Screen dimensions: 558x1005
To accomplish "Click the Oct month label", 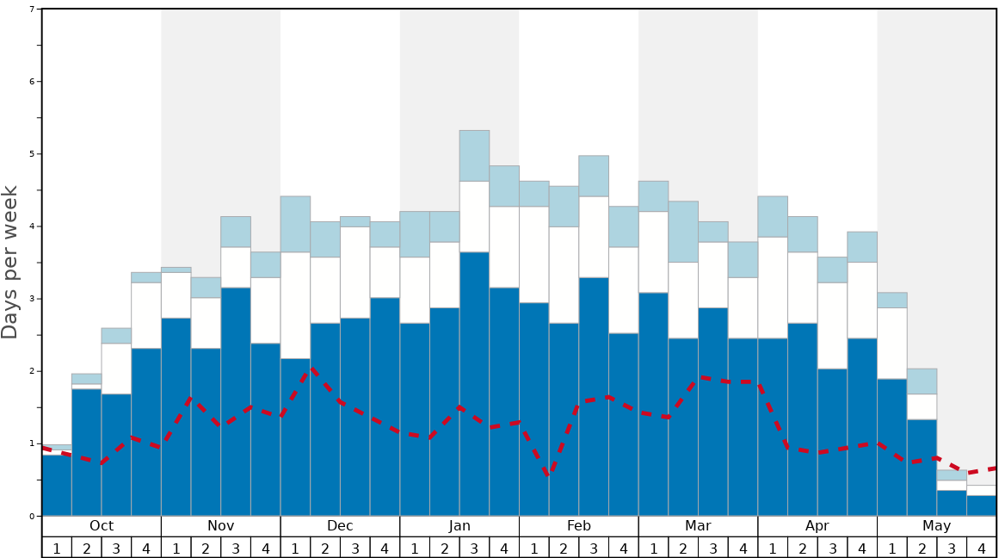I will pyautogui.click(x=102, y=526).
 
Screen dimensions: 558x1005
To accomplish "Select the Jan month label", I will pyautogui.click(x=459, y=526).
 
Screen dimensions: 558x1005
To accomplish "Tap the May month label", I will pyautogui.click(x=936, y=526).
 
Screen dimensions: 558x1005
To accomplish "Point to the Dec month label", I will pyautogui.click(x=340, y=526).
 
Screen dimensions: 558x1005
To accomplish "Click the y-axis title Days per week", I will pyautogui.click(x=10, y=263).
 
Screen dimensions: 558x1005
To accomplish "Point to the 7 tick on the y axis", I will pyautogui.click(x=32, y=9).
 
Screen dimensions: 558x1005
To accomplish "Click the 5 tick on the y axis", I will pyautogui.click(x=32, y=154).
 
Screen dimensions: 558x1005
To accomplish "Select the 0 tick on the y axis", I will pyautogui.click(x=32, y=516).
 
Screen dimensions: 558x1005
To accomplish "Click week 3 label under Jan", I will pyautogui.click(x=474, y=548).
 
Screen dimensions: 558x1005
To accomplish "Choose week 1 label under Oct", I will pyautogui.click(x=57, y=548).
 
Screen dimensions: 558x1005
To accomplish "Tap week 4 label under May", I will pyautogui.click(x=981, y=548).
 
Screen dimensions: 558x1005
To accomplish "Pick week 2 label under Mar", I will pyautogui.click(x=683, y=548).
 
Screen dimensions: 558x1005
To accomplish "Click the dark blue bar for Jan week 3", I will pyautogui.click(x=474, y=387).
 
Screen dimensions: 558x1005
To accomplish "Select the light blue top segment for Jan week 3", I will pyautogui.click(x=474, y=156).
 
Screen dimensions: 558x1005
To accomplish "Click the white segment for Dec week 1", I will pyautogui.click(x=295, y=306).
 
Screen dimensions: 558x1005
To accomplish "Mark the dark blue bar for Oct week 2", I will pyautogui.click(x=86, y=452).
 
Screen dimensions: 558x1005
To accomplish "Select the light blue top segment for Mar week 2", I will pyautogui.click(x=683, y=232).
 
